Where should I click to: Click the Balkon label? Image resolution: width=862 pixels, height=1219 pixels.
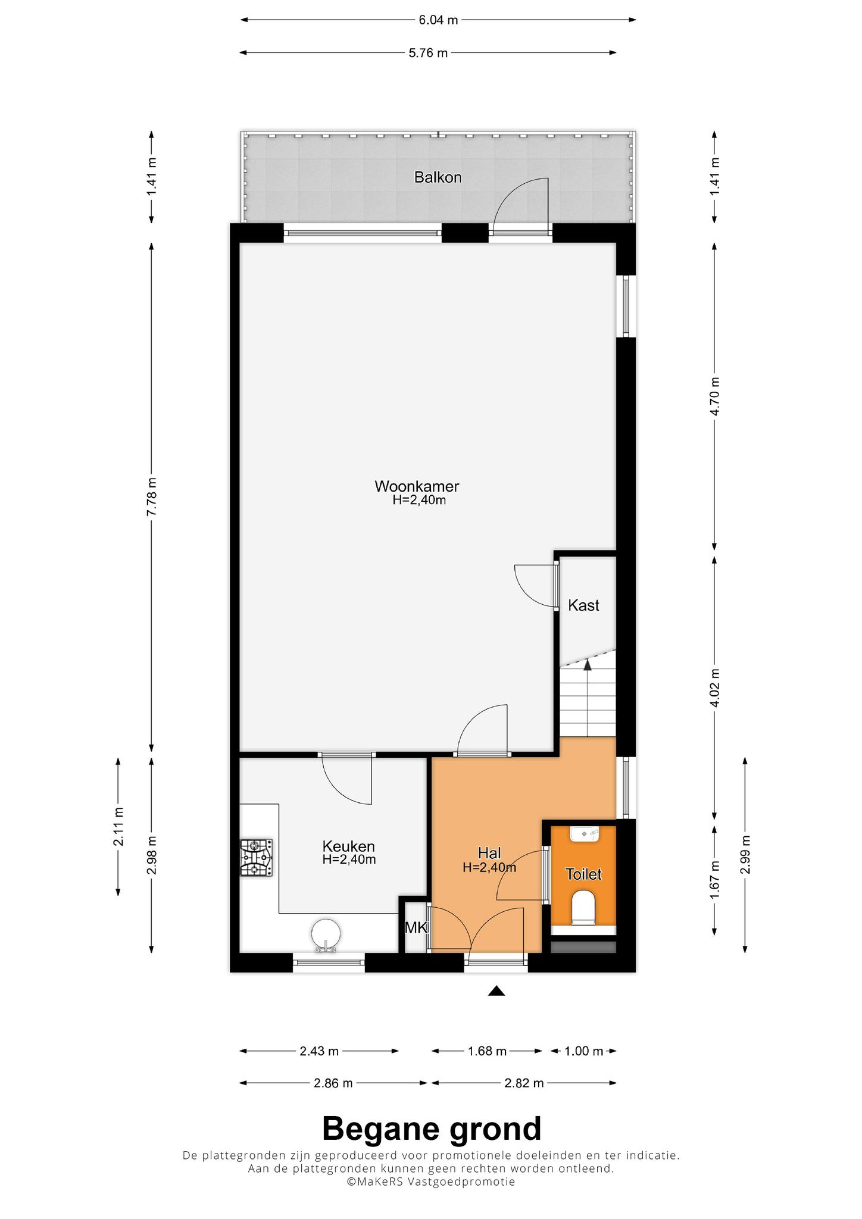click(x=438, y=177)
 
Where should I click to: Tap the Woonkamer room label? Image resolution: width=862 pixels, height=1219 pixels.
click(x=417, y=486)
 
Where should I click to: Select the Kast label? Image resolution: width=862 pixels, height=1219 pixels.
click(x=583, y=605)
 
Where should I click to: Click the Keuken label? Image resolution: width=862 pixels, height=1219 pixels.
click(x=349, y=846)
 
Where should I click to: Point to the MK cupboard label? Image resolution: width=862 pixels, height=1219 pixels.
click(x=416, y=927)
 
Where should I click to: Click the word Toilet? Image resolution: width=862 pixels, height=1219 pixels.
click(x=583, y=874)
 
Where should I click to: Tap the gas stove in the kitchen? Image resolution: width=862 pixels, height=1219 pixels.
click(x=257, y=857)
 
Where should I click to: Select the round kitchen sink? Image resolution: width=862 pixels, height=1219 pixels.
click(x=326, y=934)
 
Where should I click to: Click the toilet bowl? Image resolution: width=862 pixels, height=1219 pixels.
click(x=583, y=908)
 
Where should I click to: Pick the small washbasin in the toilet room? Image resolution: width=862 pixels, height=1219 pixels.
click(x=584, y=834)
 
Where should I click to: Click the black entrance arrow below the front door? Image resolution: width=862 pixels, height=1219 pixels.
click(x=496, y=990)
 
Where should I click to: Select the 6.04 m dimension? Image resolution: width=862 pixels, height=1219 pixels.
click(x=438, y=20)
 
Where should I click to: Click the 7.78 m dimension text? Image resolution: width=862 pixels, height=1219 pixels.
click(x=152, y=496)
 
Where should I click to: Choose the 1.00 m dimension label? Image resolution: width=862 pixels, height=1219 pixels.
click(x=583, y=1051)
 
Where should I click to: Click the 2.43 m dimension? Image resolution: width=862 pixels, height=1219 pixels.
click(x=319, y=1051)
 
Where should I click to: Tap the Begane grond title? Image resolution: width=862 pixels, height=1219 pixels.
click(x=432, y=1129)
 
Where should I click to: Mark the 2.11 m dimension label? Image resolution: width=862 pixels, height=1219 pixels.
click(x=119, y=826)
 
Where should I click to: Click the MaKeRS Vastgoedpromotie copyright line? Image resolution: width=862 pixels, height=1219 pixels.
click(x=432, y=1182)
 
